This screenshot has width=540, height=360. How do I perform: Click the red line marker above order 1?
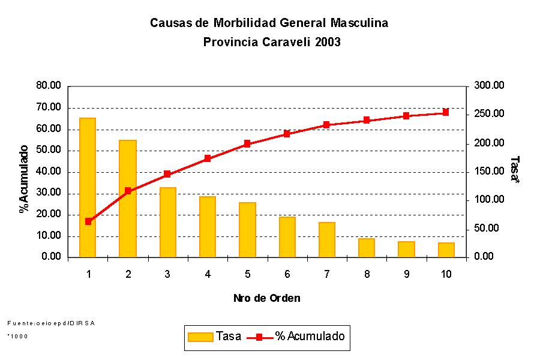tap(88, 221)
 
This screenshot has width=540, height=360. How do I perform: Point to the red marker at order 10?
tap(446, 112)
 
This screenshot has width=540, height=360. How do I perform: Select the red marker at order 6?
tap(287, 134)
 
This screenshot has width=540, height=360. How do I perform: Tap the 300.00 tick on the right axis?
tap(489, 86)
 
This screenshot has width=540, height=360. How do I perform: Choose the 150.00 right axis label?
tap(489, 172)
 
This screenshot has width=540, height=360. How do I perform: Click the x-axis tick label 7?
tap(326, 274)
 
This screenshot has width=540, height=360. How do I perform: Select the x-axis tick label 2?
tap(128, 274)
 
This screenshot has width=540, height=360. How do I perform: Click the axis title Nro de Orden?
tap(267, 298)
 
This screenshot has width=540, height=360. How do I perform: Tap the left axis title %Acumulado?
tap(25, 178)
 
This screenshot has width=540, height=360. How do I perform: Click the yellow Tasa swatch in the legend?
tap(200, 337)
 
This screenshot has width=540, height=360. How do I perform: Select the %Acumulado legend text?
tap(310, 337)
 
